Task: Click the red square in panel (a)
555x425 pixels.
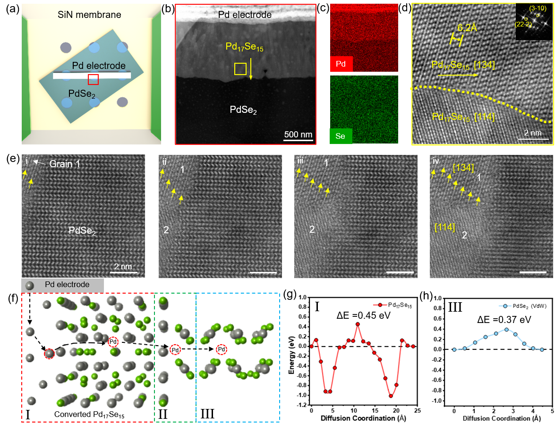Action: pyautogui.click(x=93, y=79)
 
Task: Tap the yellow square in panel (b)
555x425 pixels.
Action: pyautogui.click(x=240, y=69)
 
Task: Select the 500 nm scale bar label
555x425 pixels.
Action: pyautogui.click(x=298, y=135)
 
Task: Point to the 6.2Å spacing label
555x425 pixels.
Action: pyautogui.click(x=467, y=28)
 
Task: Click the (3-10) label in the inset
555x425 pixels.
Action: pyautogui.click(x=538, y=8)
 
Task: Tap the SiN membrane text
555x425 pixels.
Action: pyautogui.click(x=92, y=15)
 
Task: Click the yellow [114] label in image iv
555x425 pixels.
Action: pyautogui.click(x=444, y=228)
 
